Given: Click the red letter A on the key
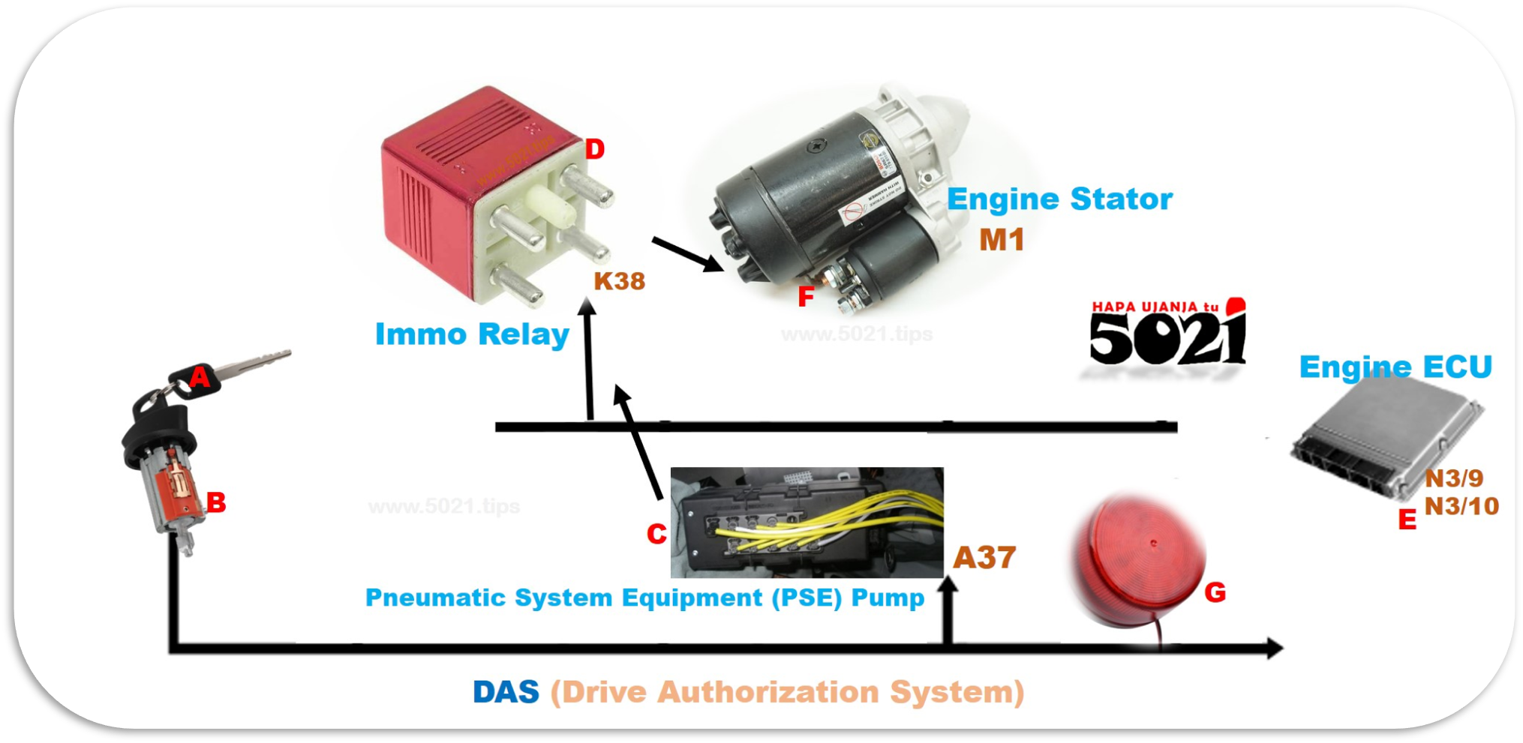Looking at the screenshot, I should pyautogui.click(x=200, y=376).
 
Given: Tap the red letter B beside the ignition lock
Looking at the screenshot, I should pyautogui.click(x=216, y=502).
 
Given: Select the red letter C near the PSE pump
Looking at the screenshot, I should pyautogui.click(x=656, y=534).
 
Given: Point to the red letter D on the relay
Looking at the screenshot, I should pyautogui.click(x=594, y=149).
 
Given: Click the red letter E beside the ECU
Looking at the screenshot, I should pyautogui.click(x=1407, y=520).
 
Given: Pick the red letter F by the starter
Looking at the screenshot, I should pyautogui.click(x=806, y=297).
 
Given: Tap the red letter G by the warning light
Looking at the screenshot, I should pyautogui.click(x=1215, y=593).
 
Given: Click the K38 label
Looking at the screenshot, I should pyautogui.click(x=619, y=281).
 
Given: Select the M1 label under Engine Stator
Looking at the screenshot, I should pyautogui.click(x=1002, y=240).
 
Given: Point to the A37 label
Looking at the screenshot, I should pyautogui.click(x=984, y=558).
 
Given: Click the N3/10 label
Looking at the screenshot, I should pyautogui.click(x=1461, y=507).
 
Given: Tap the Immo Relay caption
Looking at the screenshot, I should pyautogui.click(x=472, y=334).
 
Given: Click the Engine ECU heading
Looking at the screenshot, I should pyautogui.click(x=1395, y=367).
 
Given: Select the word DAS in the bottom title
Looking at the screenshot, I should pyautogui.click(x=506, y=692).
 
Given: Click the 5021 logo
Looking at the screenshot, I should pyautogui.click(x=1167, y=336).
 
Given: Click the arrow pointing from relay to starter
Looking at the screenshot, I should pyautogui.click(x=686, y=255).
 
